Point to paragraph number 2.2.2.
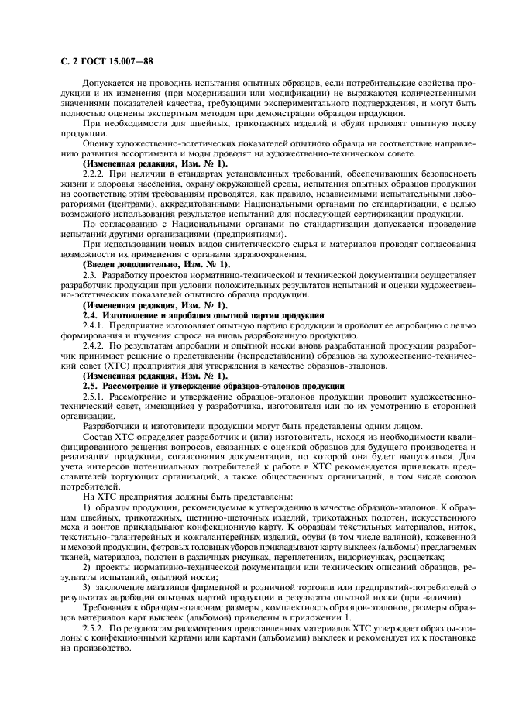pos(93,174)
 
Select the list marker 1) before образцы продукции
pos(88,506)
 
